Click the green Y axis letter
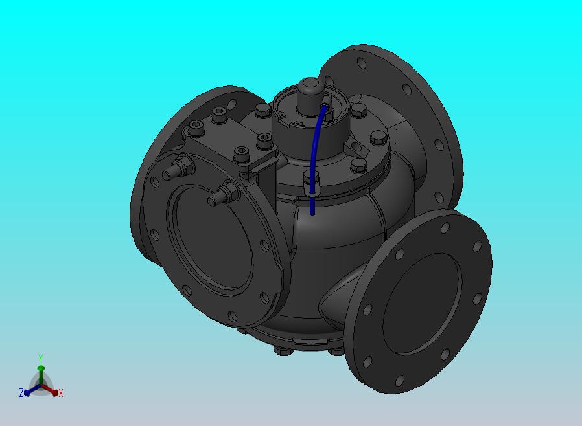41,358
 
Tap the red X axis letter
61,394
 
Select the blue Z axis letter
21,392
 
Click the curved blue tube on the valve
315,156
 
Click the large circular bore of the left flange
214,238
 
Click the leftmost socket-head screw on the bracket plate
196,127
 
